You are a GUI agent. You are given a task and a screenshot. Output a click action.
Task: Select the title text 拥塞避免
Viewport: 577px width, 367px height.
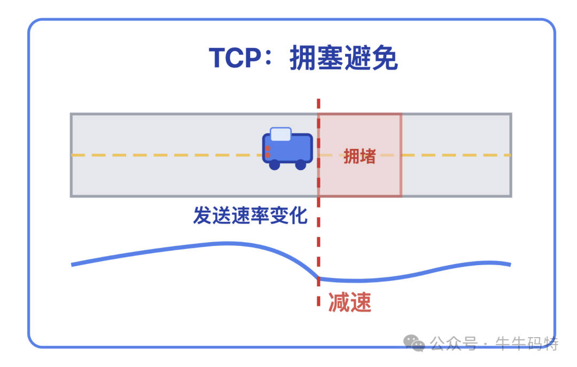click(344, 58)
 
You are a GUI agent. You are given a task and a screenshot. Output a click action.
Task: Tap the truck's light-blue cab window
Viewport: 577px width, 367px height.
click(280, 134)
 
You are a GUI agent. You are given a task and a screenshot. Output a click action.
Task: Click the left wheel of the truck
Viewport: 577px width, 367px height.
click(275, 165)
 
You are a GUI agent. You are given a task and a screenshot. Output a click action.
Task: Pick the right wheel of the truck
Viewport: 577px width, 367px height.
click(301, 165)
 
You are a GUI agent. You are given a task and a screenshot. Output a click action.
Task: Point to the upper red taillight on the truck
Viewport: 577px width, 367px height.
click(268, 148)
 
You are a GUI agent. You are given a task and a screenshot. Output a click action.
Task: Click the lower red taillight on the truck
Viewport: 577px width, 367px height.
click(268, 155)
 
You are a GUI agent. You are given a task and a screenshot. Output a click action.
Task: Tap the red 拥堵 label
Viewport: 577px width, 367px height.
click(360, 156)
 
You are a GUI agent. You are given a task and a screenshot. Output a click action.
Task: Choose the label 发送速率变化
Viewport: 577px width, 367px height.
click(250, 216)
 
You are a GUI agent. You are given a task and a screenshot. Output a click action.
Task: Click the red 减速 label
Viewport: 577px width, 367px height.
click(349, 303)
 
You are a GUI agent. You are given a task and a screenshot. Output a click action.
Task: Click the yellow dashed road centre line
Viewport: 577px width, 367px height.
click(160, 155)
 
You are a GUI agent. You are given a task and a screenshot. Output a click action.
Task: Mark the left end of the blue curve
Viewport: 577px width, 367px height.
click(73, 265)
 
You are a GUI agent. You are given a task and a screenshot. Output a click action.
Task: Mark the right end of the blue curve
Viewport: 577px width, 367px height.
click(510, 264)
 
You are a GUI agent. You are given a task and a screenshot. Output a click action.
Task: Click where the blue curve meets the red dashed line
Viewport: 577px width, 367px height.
click(318, 278)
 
